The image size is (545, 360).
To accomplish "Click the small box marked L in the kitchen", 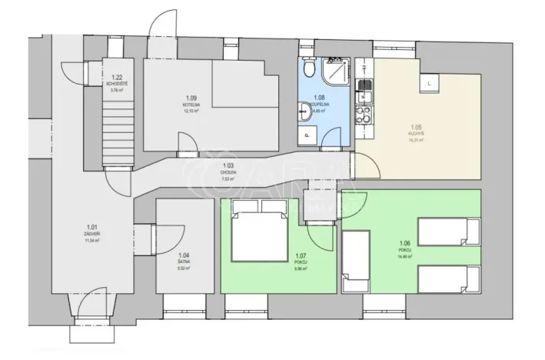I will coord(428,81).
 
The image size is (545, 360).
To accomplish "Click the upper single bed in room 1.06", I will coord(448,230).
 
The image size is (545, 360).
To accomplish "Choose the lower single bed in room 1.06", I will coord(448,278).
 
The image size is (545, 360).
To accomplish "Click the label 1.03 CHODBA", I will coord(228,169).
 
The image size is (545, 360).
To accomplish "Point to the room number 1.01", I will coord(92,227).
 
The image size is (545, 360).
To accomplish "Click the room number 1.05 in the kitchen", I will coord(417,126).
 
